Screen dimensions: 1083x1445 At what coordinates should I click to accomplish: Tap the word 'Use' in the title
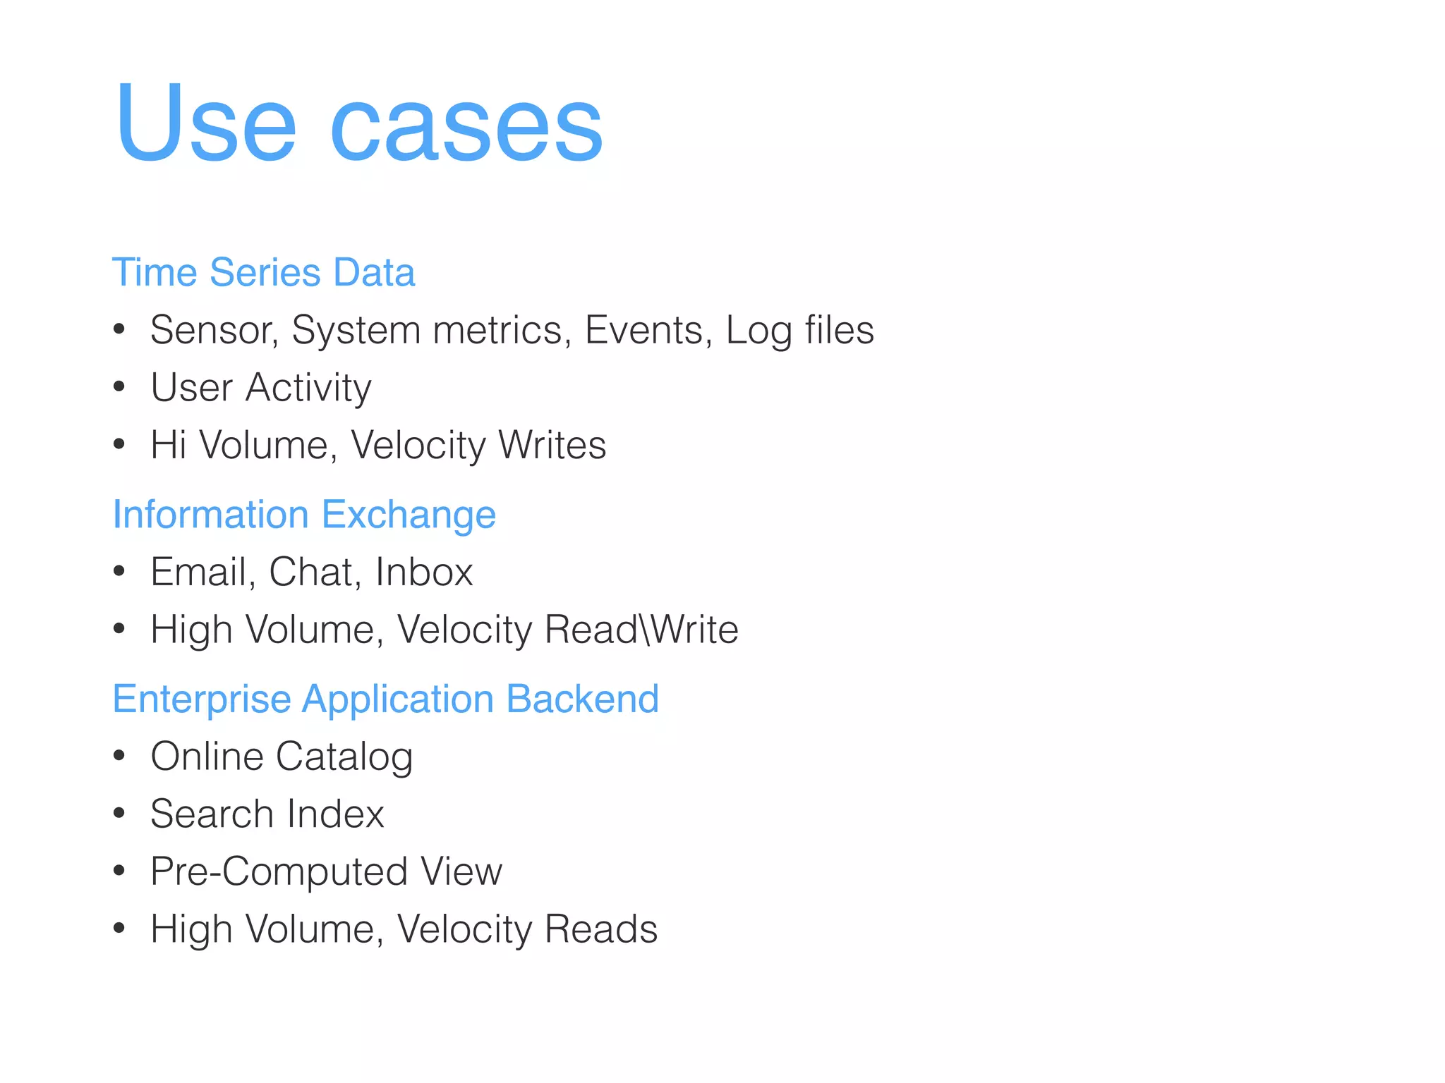point(205,123)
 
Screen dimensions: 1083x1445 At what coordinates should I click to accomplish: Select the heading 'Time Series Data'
point(263,273)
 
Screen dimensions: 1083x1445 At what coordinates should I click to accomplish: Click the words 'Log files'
point(799,330)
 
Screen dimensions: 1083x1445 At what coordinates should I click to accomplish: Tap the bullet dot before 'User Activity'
point(119,386)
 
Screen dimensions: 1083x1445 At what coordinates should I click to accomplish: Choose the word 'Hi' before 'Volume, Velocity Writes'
point(168,445)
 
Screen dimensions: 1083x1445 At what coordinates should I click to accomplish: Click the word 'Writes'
point(552,445)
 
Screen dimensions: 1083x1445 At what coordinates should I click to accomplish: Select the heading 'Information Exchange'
point(304,515)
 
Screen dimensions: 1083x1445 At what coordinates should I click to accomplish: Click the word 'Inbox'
point(423,572)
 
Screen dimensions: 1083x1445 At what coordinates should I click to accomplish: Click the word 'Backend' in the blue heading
point(582,699)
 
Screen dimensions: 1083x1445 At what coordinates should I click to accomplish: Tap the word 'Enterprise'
point(202,699)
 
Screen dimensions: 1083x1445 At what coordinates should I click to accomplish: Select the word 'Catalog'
point(344,757)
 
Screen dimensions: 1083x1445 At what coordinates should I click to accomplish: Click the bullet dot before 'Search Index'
point(119,814)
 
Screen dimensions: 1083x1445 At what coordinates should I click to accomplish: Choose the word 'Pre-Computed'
point(279,871)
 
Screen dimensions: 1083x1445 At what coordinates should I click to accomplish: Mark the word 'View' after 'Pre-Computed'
point(461,871)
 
